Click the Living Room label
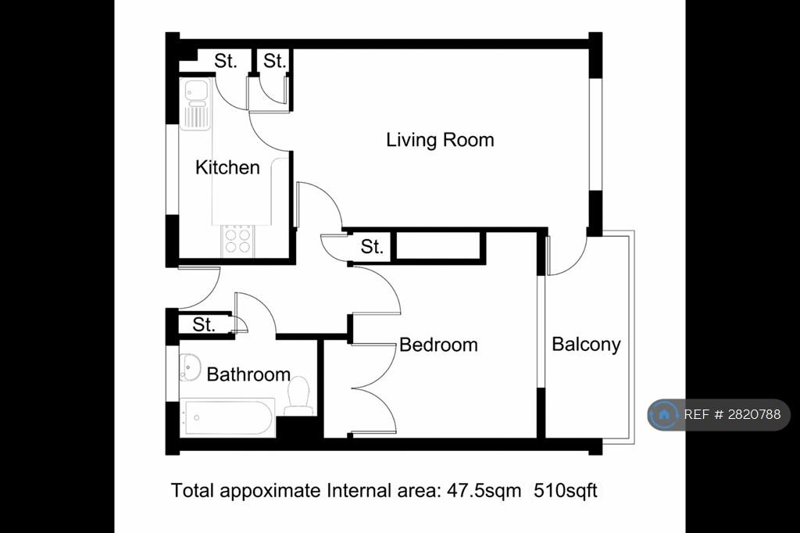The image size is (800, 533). click(440, 140)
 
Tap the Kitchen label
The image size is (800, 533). click(227, 167)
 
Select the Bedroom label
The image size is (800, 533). click(438, 345)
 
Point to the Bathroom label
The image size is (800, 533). click(248, 374)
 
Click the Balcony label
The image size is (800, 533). click(586, 345)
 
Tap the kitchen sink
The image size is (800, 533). click(195, 104)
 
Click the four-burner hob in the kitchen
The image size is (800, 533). click(237, 241)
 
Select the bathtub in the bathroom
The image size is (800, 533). click(227, 417)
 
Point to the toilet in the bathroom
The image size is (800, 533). click(298, 396)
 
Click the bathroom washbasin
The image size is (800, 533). click(191, 367)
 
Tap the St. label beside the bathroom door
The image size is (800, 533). click(204, 324)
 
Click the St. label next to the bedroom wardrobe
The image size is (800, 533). click(371, 247)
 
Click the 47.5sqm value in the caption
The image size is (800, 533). click(484, 491)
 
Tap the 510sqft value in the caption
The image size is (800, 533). click(566, 491)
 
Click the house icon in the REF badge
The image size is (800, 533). click(664, 414)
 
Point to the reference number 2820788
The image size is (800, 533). click(754, 414)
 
